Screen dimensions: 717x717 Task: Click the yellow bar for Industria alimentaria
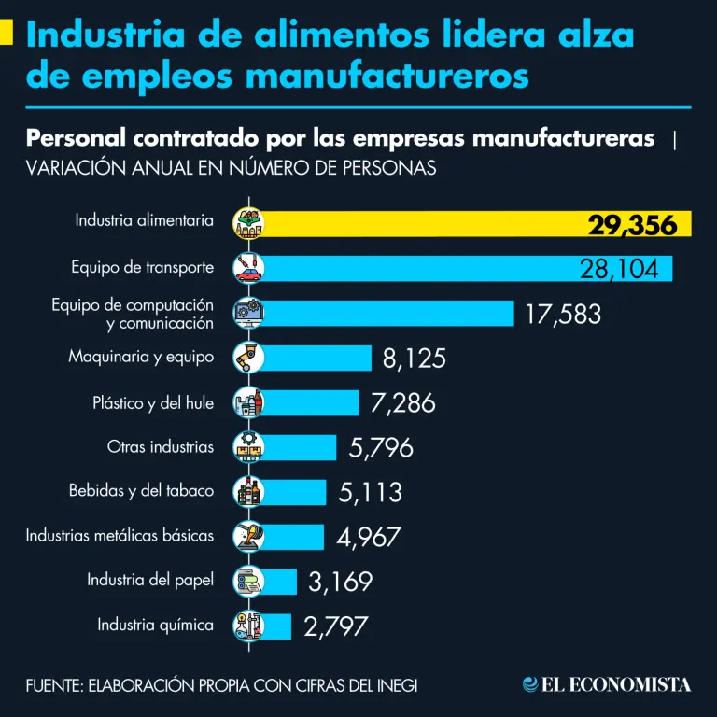point(420,224)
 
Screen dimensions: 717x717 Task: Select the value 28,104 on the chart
point(619,269)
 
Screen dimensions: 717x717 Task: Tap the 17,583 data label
point(563,314)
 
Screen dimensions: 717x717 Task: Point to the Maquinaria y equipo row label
point(141,357)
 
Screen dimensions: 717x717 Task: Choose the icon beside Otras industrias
point(248,447)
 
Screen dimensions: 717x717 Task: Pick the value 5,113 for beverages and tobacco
point(371,492)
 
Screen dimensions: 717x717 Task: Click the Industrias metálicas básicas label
point(119,536)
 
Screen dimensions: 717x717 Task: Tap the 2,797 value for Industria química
point(335,626)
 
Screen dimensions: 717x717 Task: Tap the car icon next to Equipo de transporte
point(248,268)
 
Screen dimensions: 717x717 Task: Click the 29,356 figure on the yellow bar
point(632,225)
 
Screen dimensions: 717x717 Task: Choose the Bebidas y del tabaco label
point(141,491)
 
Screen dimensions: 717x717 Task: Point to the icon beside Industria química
point(248,626)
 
